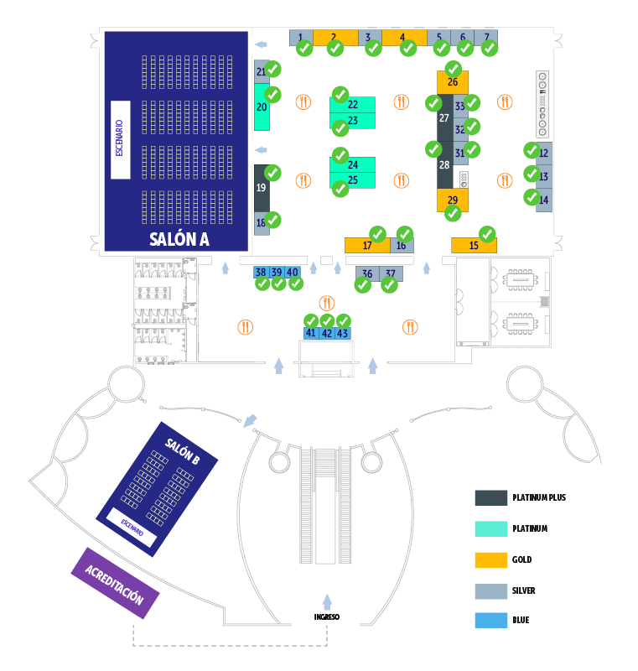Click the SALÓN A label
pyautogui.click(x=179, y=239)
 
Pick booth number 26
pyautogui.click(x=452, y=82)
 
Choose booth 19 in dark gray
pyautogui.click(x=262, y=188)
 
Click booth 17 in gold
pyautogui.click(x=366, y=245)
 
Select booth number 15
pyautogui.click(x=474, y=245)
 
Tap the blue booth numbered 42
pyautogui.click(x=327, y=333)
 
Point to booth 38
pyautogui.click(x=261, y=272)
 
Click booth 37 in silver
pyautogui.click(x=391, y=273)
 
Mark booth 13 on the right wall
pyautogui.click(x=543, y=177)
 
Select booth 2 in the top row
pyautogui.click(x=334, y=37)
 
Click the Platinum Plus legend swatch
pyautogui.click(x=490, y=497)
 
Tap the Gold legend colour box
pyautogui.click(x=490, y=559)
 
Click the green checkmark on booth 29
pyautogui.click(x=453, y=213)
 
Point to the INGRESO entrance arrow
pyautogui.click(x=327, y=601)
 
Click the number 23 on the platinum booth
pyautogui.click(x=353, y=121)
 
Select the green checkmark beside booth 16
pyautogui.click(x=405, y=233)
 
